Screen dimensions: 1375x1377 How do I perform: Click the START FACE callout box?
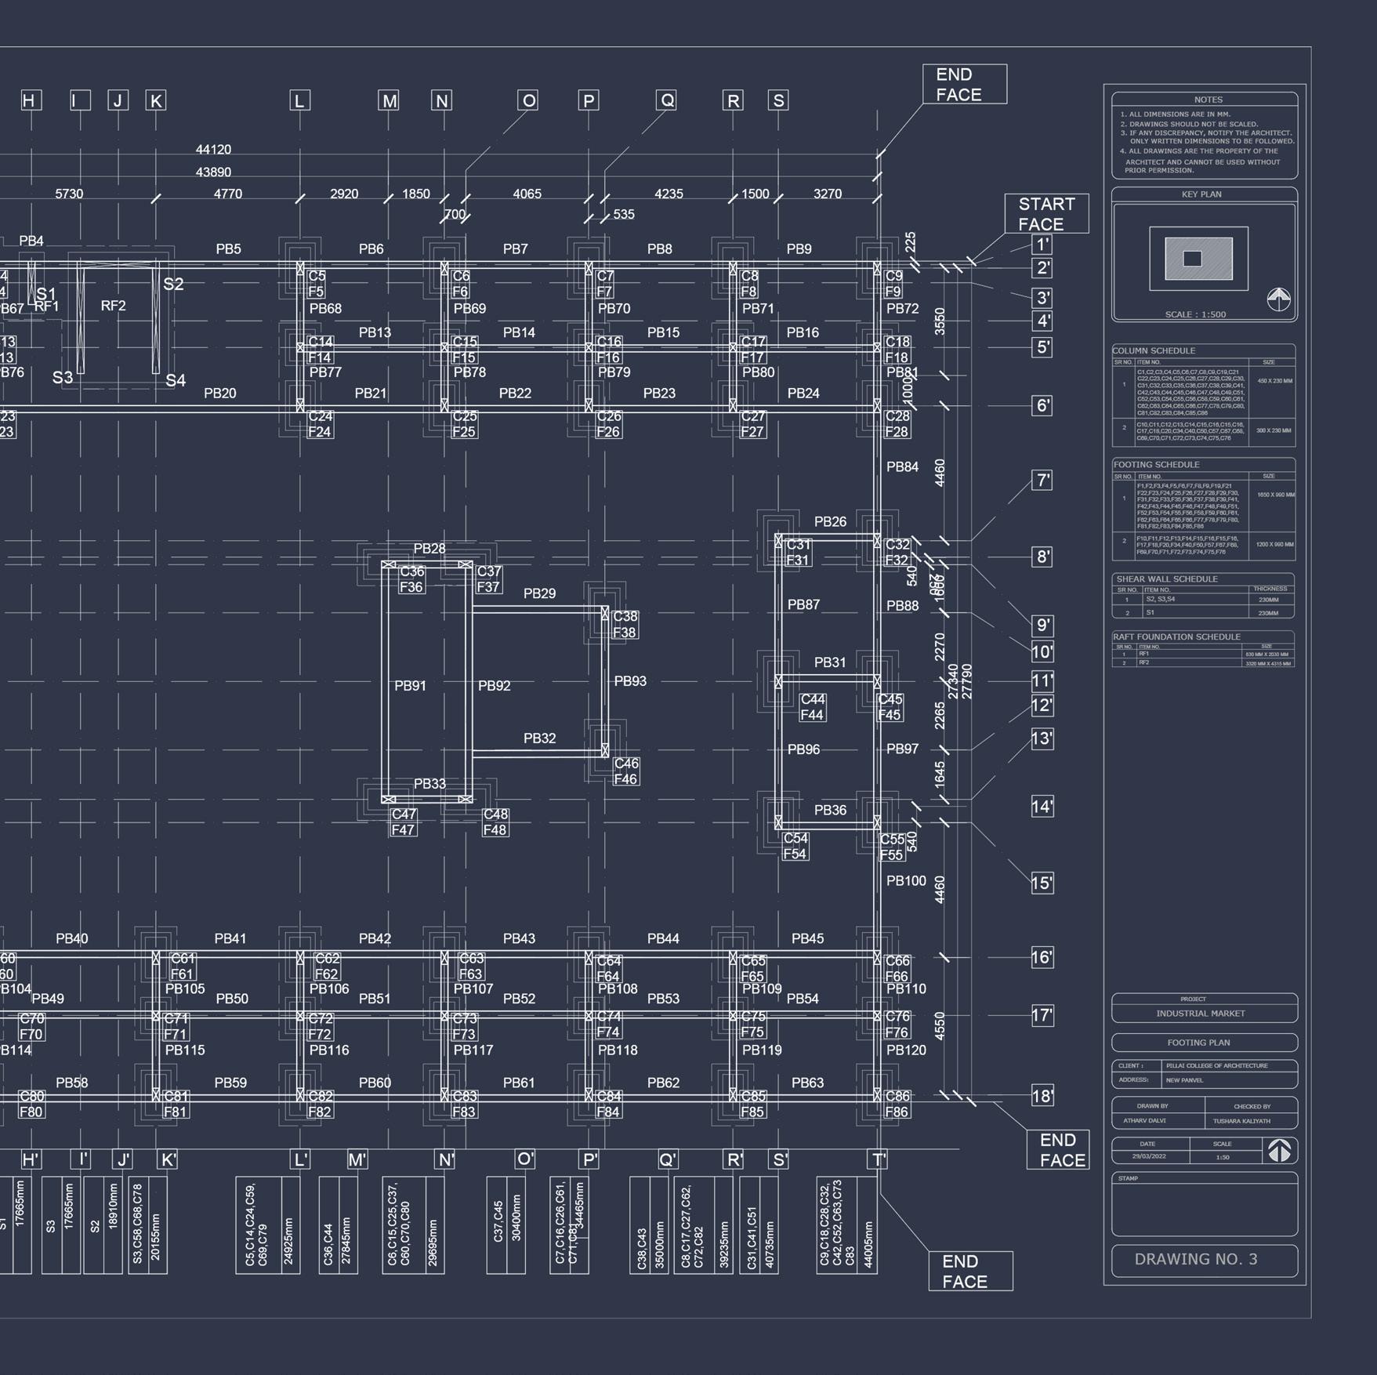[x=1045, y=213]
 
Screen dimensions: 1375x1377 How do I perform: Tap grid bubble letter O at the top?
[x=528, y=100]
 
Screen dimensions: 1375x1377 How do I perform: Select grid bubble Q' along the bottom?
[x=667, y=1159]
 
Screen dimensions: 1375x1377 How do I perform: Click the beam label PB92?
[x=494, y=686]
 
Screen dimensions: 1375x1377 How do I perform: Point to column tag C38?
[x=625, y=616]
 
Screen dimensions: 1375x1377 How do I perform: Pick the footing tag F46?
[x=625, y=779]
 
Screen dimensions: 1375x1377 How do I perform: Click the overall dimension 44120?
[x=213, y=150]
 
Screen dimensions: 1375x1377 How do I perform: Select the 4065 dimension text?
[x=527, y=194]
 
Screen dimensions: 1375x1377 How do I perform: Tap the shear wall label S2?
[x=173, y=284]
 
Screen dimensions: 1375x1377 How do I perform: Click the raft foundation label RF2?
[x=114, y=306]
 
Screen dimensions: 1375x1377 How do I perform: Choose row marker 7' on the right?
[x=1042, y=481]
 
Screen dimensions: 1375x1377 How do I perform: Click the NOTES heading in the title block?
[x=1208, y=100]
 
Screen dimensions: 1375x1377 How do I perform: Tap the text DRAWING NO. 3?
[x=1195, y=1259]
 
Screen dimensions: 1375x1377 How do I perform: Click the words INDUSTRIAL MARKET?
[x=1200, y=1014]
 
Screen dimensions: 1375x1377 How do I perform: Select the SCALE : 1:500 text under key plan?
[x=1194, y=314]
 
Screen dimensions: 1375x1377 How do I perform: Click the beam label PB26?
[x=830, y=521]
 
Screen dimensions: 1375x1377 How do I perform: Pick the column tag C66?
[x=897, y=960]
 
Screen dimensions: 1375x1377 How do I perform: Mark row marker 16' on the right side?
[x=1042, y=957]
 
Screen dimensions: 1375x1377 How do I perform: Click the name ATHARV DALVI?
[x=1144, y=1120]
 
